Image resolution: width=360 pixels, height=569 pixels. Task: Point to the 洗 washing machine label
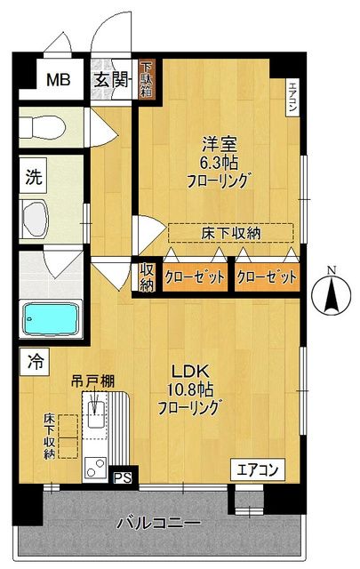[x=33, y=176]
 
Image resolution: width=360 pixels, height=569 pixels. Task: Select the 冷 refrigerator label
[x=35, y=362]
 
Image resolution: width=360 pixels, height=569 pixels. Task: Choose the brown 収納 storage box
[x=147, y=277]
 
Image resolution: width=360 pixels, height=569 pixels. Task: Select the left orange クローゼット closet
[x=193, y=276]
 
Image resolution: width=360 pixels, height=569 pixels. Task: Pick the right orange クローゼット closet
[x=266, y=276]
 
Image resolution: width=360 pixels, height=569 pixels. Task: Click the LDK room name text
[x=189, y=371]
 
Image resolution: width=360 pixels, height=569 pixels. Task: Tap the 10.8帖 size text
[x=189, y=389]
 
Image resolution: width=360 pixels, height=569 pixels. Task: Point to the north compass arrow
[x=331, y=294]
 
